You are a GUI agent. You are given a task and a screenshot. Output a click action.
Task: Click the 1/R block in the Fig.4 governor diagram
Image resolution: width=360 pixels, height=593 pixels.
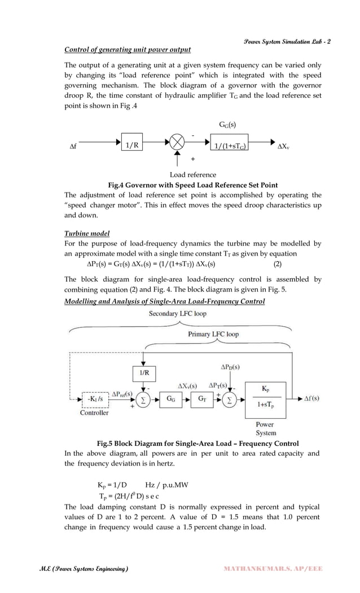pyautogui.click(x=133, y=145)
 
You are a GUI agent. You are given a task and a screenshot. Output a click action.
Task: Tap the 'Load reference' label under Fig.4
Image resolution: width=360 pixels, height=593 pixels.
pyautogui.click(x=193, y=175)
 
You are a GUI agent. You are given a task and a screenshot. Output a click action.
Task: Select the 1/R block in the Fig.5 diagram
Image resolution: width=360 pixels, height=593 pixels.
pyautogui.click(x=144, y=373)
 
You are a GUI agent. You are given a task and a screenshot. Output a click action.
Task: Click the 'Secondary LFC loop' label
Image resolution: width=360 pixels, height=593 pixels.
pyautogui.click(x=177, y=314)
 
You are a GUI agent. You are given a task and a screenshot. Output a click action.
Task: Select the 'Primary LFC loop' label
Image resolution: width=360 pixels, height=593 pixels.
pyautogui.click(x=213, y=334)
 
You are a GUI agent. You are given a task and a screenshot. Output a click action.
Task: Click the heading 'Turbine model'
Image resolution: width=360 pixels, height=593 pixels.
pyautogui.click(x=87, y=233)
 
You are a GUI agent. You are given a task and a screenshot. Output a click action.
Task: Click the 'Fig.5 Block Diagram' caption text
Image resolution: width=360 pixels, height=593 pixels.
pyautogui.click(x=197, y=443)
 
